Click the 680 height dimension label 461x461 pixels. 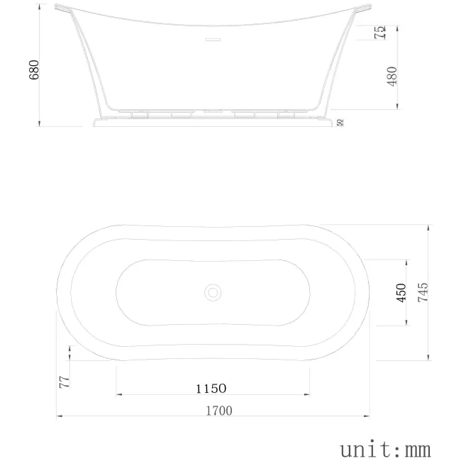(34, 70)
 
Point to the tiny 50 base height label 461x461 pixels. (341, 122)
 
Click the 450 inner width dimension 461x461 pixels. (401, 293)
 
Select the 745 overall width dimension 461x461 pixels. (423, 293)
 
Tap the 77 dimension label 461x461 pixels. (64, 382)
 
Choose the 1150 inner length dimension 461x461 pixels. (211, 388)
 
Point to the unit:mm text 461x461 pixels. (385, 448)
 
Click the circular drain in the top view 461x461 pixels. (213, 291)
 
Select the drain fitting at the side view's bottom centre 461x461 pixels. (213, 111)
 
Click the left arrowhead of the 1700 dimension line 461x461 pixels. (59, 416)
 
